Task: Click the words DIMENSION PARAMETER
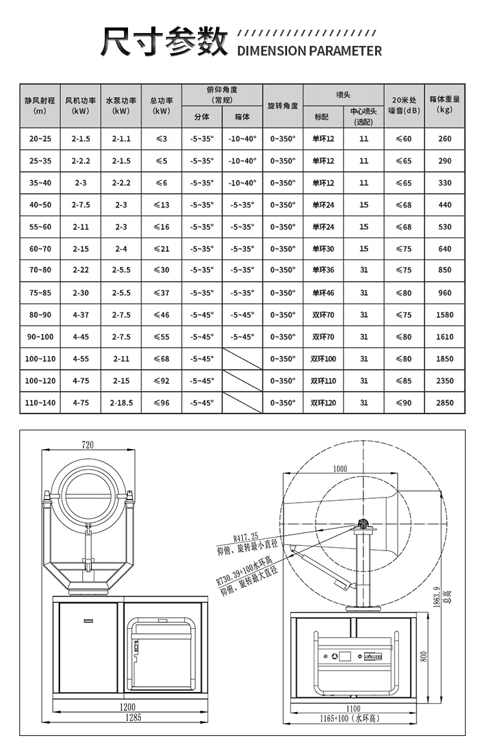pyautogui.click(x=310, y=51)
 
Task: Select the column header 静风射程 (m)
pyautogui.click(x=40, y=105)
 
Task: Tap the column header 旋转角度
pyautogui.click(x=283, y=105)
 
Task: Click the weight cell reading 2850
pyautogui.click(x=444, y=403)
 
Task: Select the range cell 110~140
pyautogui.click(x=40, y=403)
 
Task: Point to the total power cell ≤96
pyautogui.click(x=162, y=403)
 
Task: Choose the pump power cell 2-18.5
pyautogui.click(x=121, y=403)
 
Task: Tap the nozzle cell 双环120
pyautogui.click(x=323, y=403)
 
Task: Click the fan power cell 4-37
pyautogui.click(x=81, y=315)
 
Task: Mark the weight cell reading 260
pyautogui.click(x=444, y=139)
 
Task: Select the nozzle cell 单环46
pyautogui.click(x=323, y=293)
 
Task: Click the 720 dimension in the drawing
pyautogui.click(x=88, y=445)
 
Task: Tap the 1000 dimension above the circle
pyautogui.click(x=339, y=468)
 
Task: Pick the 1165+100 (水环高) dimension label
pyautogui.click(x=349, y=719)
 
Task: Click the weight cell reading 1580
pyautogui.click(x=444, y=315)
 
